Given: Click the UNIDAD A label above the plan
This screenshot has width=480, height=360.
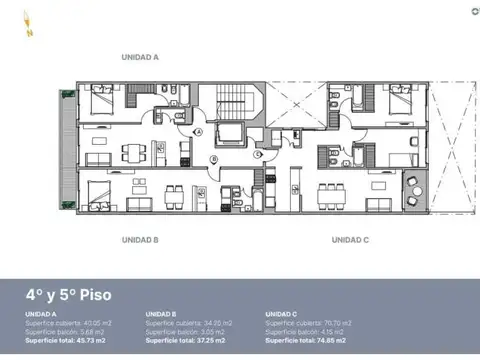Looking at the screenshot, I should pyautogui.click(x=140, y=58).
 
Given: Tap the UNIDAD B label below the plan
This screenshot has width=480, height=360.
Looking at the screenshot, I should pyautogui.click(x=140, y=240).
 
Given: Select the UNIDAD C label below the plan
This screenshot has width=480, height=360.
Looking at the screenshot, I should pyautogui.click(x=351, y=240).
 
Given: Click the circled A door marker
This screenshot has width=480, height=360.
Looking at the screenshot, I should pyautogui.click(x=198, y=132).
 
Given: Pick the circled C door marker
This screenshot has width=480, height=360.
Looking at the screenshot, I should pyautogui.click(x=257, y=153).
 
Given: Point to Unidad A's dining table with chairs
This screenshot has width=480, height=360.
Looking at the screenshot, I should pyautogui.click(x=133, y=153).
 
